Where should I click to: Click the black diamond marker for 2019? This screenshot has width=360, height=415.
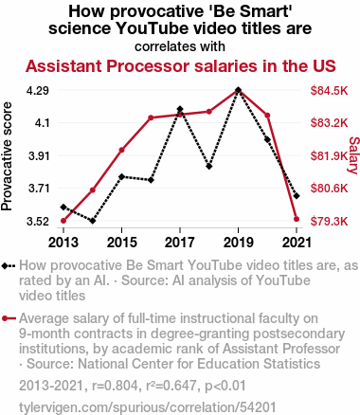239,90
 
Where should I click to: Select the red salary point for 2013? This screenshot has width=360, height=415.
63,221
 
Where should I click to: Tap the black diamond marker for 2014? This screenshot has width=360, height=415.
93,221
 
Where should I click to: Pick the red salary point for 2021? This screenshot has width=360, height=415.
297,219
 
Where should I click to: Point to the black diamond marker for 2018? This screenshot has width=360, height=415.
209,166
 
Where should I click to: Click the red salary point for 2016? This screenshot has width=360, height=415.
151,117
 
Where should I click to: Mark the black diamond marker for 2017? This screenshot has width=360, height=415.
180,109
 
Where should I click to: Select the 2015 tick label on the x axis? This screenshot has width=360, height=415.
122,243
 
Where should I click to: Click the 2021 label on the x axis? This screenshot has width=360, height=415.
297,243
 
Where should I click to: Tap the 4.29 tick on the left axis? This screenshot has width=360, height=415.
38,91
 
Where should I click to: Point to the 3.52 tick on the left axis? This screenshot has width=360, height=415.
38,222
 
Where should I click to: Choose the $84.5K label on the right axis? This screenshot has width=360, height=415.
329,91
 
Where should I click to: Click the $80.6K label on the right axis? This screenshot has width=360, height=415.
329,189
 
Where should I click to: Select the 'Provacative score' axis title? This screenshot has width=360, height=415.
7,156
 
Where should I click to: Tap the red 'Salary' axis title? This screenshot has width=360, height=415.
353,155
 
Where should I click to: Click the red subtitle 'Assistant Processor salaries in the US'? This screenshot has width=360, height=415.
181,66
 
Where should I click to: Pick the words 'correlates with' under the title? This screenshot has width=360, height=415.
180,46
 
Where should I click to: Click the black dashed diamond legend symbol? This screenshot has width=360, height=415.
9,266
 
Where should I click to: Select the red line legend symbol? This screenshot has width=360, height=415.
9,318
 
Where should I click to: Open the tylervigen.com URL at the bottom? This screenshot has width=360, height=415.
148,407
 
